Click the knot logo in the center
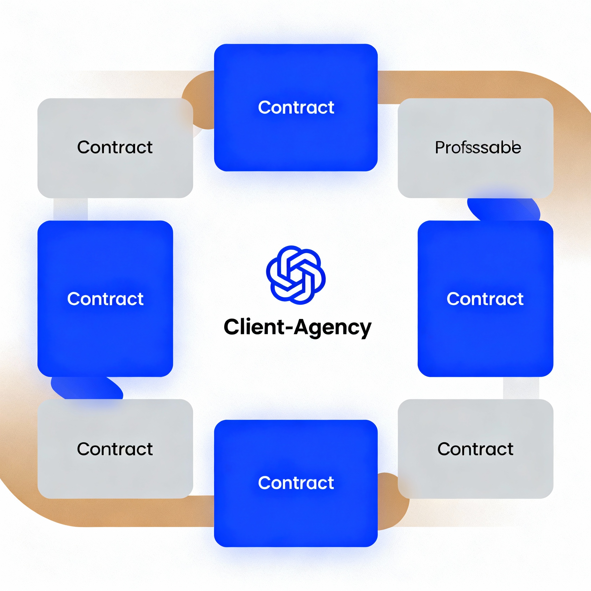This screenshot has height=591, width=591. coord(295,275)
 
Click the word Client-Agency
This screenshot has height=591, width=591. coord(297,327)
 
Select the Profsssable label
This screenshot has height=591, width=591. coord(478,147)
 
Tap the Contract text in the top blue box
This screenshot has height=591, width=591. coord(296,107)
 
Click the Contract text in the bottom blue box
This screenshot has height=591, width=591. coord(296,483)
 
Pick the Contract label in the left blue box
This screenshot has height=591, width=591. coord(105,299)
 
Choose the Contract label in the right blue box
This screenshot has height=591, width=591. coord(485,299)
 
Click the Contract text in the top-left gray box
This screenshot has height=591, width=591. coord(115,147)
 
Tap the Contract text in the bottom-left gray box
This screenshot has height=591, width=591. coord(115,449)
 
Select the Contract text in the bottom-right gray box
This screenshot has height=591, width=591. coord(475,449)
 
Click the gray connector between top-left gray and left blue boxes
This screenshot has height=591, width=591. coord(70,209)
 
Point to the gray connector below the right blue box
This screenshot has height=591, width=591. coord(521,388)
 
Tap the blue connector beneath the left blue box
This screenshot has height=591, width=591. coord(86,388)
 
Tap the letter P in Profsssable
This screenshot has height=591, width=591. coord(439,147)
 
